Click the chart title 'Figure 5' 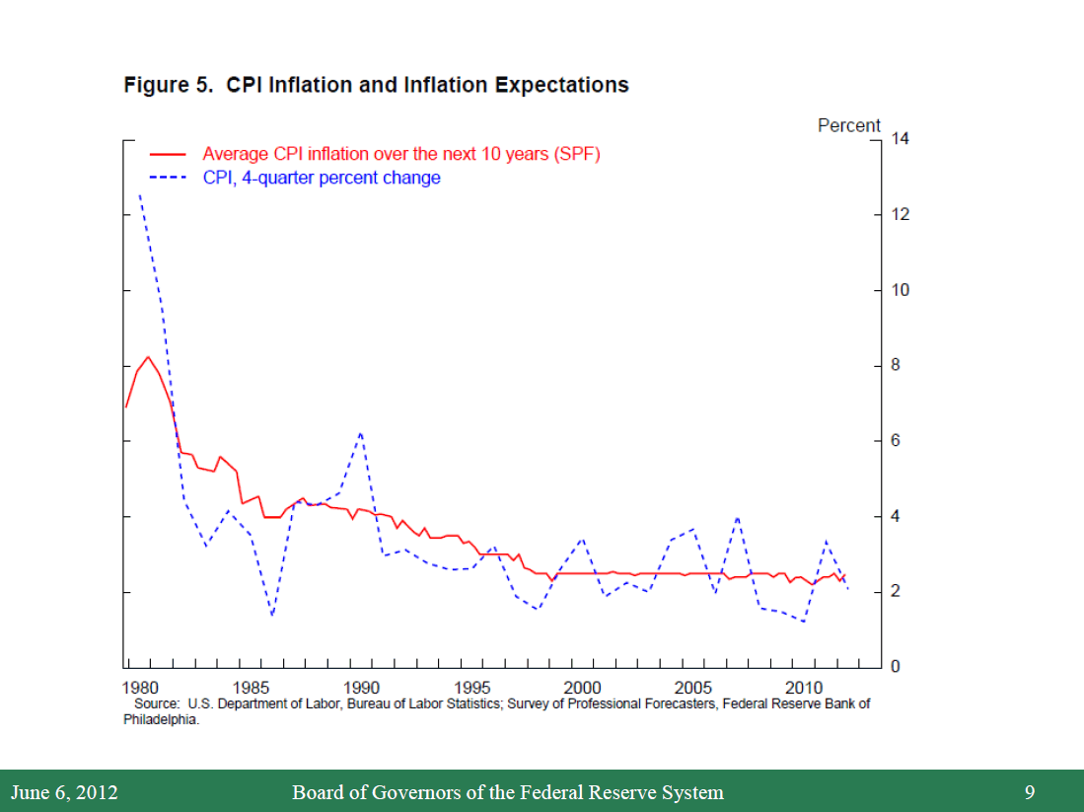376,85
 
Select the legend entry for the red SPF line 400,154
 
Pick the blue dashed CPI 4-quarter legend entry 322,178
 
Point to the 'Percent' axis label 848,125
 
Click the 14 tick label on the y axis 899,139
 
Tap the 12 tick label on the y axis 899,215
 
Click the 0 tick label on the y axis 896,668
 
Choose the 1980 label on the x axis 140,687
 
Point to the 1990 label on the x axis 362,687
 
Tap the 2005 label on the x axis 693,687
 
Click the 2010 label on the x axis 804,687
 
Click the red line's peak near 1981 148,356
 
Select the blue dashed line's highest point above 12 139,194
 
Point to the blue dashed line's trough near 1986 272,616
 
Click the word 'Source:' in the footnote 157,703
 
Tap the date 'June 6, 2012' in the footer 64,792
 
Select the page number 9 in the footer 1030,792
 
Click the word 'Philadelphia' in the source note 161,719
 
